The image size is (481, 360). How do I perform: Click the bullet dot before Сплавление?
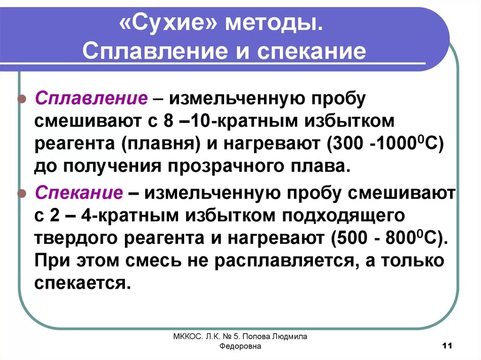tap(21, 100)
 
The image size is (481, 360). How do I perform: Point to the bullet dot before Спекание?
tap(21, 193)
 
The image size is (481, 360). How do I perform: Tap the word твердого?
tap(76, 238)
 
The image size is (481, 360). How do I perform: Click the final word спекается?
tap(81, 283)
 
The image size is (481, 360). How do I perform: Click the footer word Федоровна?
tap(240, 346)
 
